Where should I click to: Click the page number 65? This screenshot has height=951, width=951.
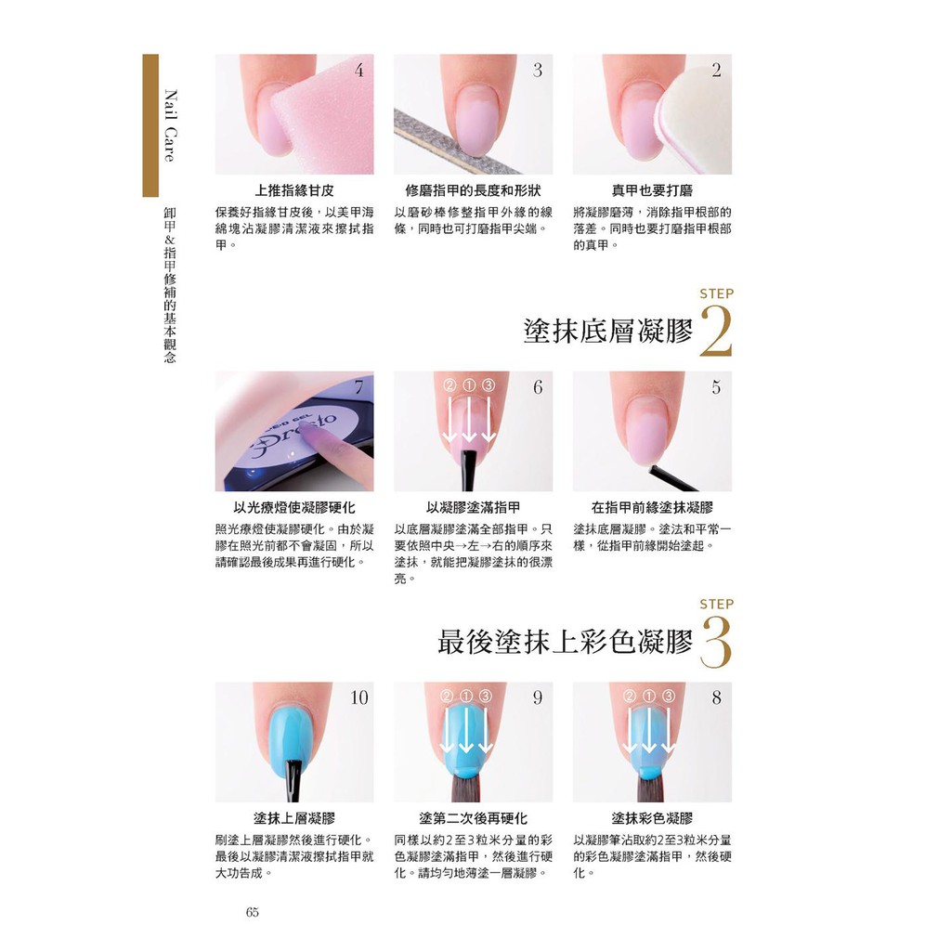(x=253, y=912)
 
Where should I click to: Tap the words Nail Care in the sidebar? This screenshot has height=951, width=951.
(x=171, y=125)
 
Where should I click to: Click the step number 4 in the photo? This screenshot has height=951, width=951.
(x=359, y=71)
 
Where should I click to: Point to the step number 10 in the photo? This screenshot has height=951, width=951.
(x=359, y=697)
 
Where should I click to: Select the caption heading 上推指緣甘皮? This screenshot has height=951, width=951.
(x=294, y=190)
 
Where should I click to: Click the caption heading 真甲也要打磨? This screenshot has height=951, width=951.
(x=652, y=190)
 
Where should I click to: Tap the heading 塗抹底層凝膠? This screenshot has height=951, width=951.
(x=607, y=332)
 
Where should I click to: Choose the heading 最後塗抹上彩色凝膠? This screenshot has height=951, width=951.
(x=565, y=642)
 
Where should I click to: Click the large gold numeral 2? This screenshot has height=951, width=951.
(x=716, y=332)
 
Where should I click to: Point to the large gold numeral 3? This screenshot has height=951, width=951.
(x=716, y=642)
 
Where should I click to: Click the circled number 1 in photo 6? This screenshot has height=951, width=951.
(x=469, y=385)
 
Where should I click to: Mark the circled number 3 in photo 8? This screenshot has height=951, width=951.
(x=668, y=697)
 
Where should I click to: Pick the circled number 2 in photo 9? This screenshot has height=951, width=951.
(x=448, y=697)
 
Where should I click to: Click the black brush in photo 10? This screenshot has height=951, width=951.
(x=294, y=780)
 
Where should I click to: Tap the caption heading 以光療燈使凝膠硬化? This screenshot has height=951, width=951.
(x=294, y=508)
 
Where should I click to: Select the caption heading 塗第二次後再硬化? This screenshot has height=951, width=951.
(x=473, y=818)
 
